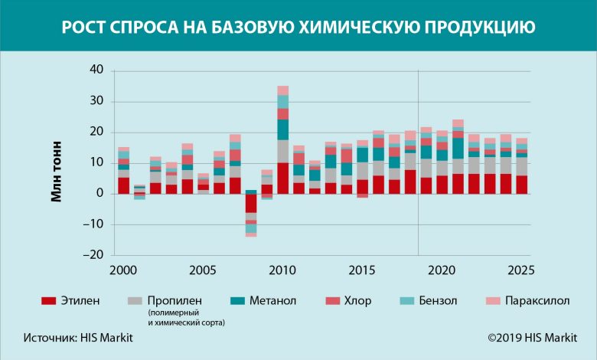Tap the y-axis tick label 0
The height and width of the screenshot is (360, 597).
pyautogui.click(x=99, y=194)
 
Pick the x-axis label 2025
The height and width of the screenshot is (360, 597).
pyautogui.click(x=520, y=270)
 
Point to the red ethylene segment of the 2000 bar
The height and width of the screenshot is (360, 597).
pyautogui.click(x=123, y=185)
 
